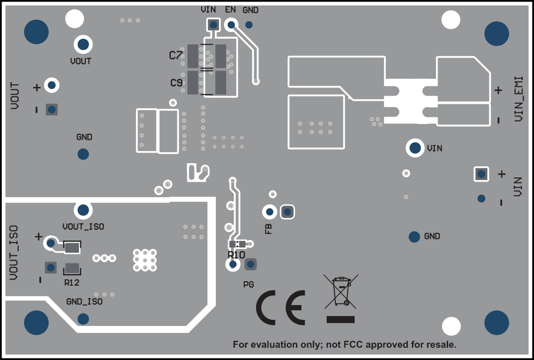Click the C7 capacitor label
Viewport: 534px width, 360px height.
[x=175, y=55]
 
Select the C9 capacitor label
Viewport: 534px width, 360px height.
[x=176, y=82]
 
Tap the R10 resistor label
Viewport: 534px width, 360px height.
[x=237, y=254]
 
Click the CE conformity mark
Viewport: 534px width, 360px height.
[x=280, y=308]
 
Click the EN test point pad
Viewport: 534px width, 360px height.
[x=231, y=24]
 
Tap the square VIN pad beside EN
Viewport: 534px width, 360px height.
[x=213, y=24]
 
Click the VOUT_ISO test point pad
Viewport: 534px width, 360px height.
[x=83, y=209]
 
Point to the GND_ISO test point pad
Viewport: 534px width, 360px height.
[x=82, y=319]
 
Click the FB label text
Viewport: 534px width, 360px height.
[x=268, y=228]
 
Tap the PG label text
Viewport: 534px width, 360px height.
[x=248, y=284]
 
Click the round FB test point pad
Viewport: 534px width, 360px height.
[x=269, y=212]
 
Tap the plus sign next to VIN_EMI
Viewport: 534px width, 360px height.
[x=498, y=91]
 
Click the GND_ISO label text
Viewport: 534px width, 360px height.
[x=84, y=302]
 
